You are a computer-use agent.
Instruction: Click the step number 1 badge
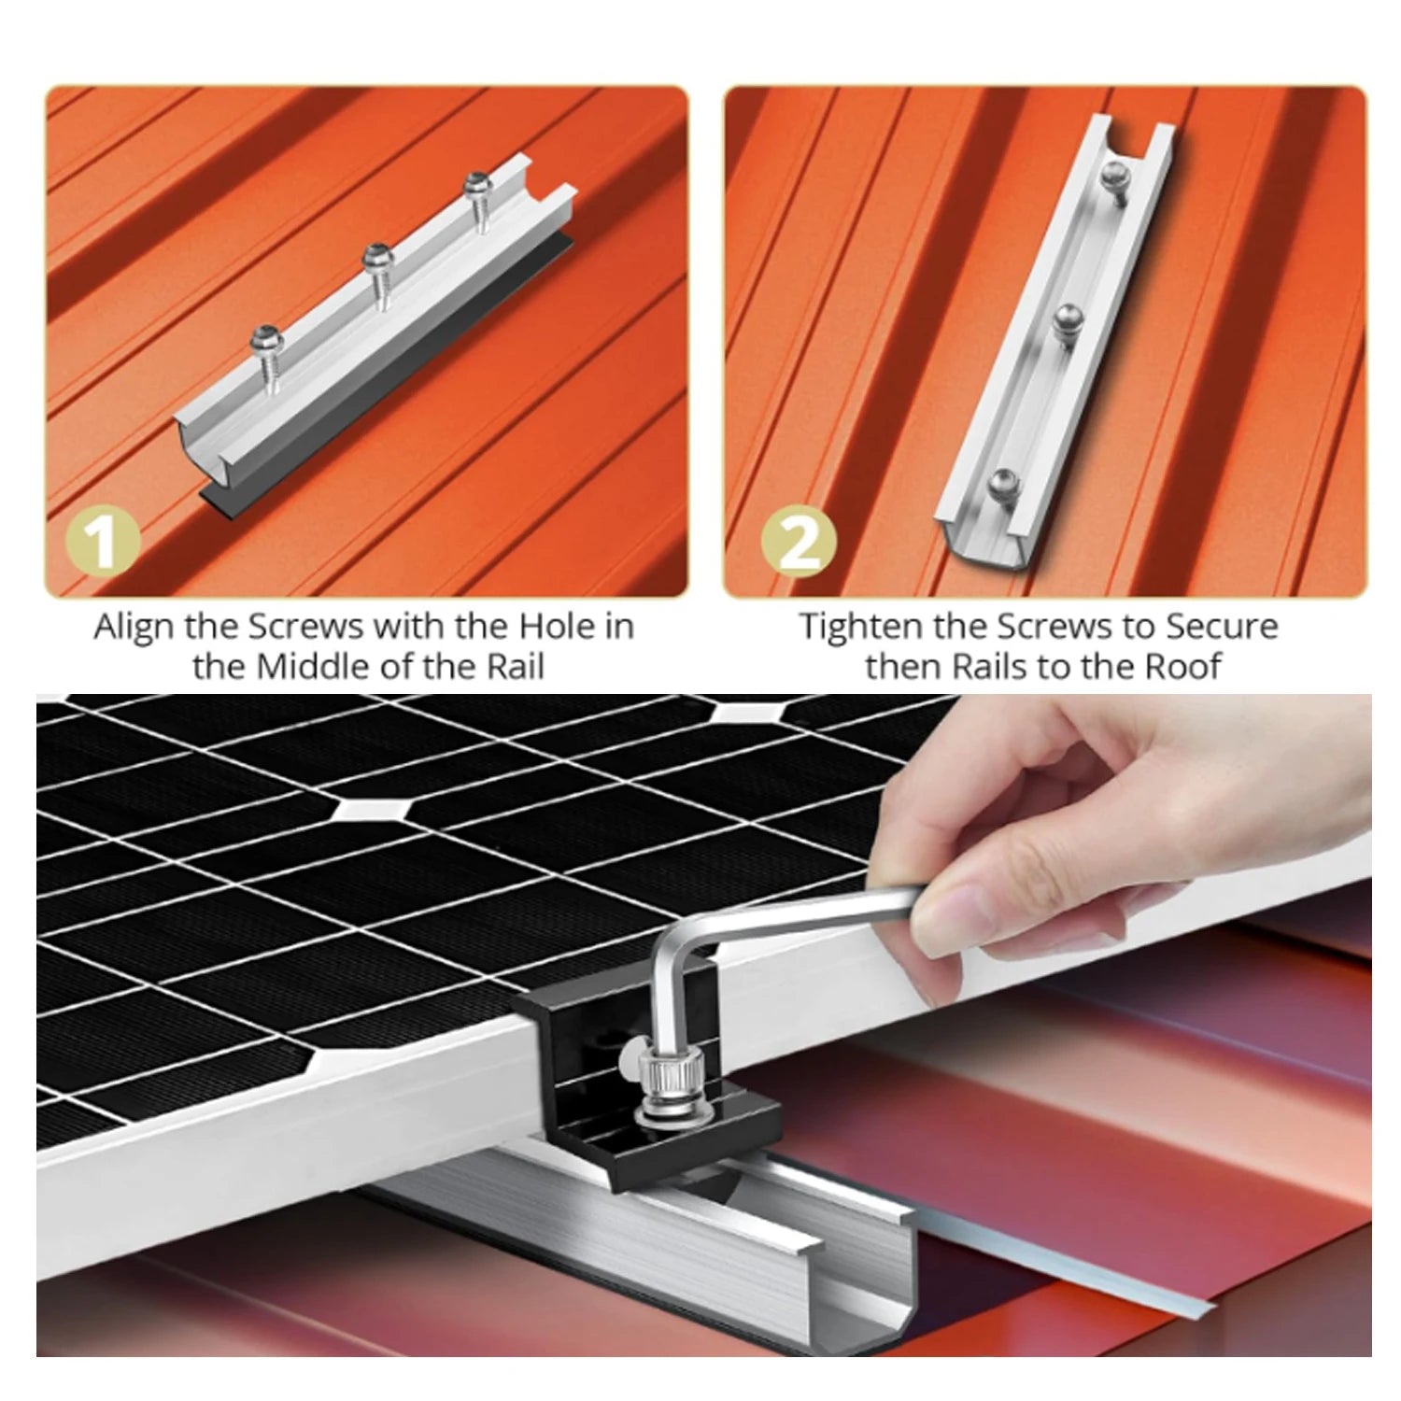point(103,544)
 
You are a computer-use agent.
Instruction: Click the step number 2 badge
point(798,544)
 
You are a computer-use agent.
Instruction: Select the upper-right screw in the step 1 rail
point(479,200)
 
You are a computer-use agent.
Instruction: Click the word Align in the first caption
point(135,628)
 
